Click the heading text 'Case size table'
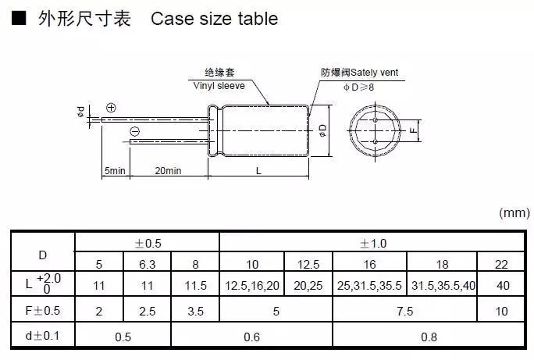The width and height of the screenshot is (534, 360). [214, 18]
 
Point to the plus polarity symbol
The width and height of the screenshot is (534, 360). [111, 107]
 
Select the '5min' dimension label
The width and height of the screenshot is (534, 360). [115, 171]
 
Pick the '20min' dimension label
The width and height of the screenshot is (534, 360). [168, 171]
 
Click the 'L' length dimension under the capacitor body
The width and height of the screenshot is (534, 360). [258, 171]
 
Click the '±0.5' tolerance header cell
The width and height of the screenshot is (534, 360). [147, 242]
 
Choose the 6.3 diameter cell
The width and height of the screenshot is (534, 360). [147, 263]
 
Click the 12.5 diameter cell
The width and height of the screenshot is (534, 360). [308, 263]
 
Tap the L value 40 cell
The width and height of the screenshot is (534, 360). [503, 286]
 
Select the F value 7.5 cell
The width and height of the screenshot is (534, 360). [406, 311]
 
